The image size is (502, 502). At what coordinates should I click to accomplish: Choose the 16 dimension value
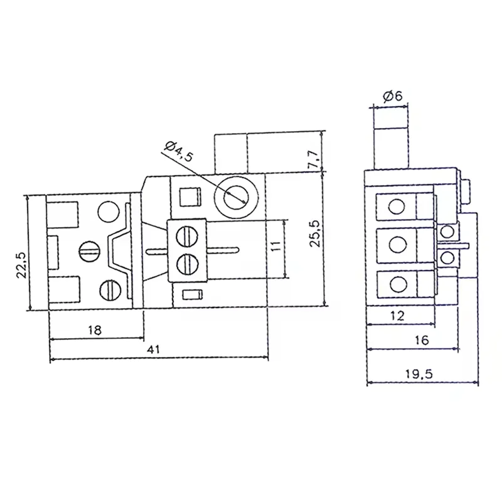421,340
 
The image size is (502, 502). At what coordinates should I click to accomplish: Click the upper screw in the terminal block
186,237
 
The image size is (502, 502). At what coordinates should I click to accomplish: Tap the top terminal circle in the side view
397,206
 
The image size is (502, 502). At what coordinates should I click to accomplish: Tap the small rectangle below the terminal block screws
191,294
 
